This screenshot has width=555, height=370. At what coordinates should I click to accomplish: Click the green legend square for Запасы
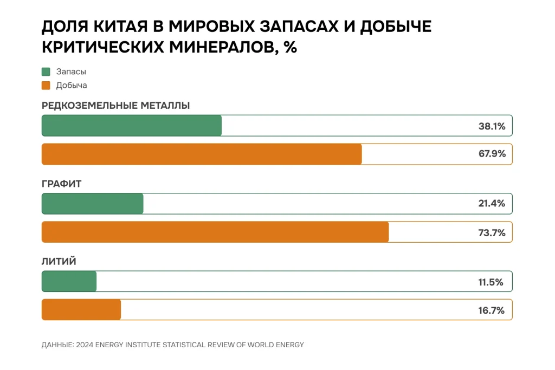click(46, 72)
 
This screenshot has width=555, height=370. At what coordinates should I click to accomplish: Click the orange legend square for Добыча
click(46, 85)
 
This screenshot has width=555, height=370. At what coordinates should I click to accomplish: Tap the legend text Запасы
click(71, 72)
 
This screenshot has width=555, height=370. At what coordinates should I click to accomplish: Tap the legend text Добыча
click(72, 85)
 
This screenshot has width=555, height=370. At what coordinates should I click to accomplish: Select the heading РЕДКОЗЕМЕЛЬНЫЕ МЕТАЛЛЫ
click(115, 106)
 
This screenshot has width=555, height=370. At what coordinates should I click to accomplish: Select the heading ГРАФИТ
click(61, 184)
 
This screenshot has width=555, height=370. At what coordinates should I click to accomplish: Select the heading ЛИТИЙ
click(59, 262)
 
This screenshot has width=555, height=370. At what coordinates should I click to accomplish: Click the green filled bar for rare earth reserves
click(132, 126)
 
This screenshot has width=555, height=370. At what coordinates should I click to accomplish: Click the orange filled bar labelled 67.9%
click(202, 154)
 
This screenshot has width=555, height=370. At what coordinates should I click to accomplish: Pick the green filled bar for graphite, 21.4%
click(93, 204)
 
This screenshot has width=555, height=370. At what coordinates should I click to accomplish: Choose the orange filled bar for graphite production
click(215, 232)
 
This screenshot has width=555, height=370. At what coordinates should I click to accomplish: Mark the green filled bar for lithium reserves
click(69, 282)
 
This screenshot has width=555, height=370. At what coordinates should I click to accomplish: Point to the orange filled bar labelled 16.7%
click(81, 310)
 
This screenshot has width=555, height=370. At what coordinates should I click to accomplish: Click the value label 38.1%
click(492, 126)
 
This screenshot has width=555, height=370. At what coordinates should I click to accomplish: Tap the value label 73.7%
click(492, 232)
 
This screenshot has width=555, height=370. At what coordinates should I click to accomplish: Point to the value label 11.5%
click(492, 282)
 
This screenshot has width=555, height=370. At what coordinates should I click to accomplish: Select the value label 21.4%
click(492, 204)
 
